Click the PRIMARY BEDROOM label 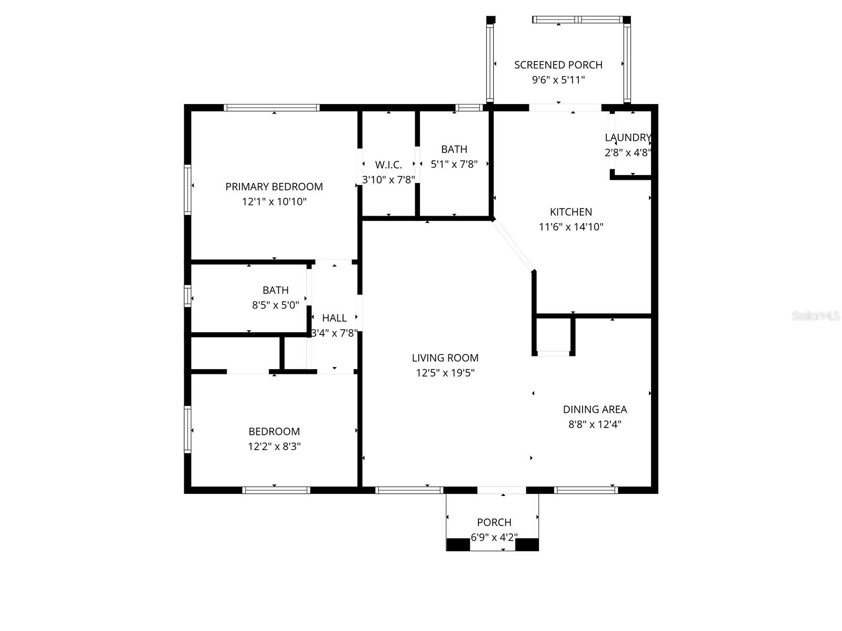pos(274,187)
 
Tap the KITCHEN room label pos(571,212)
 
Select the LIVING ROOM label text pos(445,358)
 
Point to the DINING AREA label pos(595,409)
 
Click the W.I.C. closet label pos(388,165)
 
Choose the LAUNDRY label pos(627,138)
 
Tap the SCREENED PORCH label pos(558,65)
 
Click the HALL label pos(334,318)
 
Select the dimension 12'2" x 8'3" pos(274,446)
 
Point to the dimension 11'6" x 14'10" pos(571,227)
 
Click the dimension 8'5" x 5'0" pos(275,305)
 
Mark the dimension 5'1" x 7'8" pos(454,164)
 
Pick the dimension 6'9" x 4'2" pos(494,537)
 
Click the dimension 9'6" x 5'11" pos(558,80)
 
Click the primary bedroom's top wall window pos(272,108)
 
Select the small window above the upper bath pos(469,108)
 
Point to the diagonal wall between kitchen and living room pos(513,245)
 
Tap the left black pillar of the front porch pos(458,544)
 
